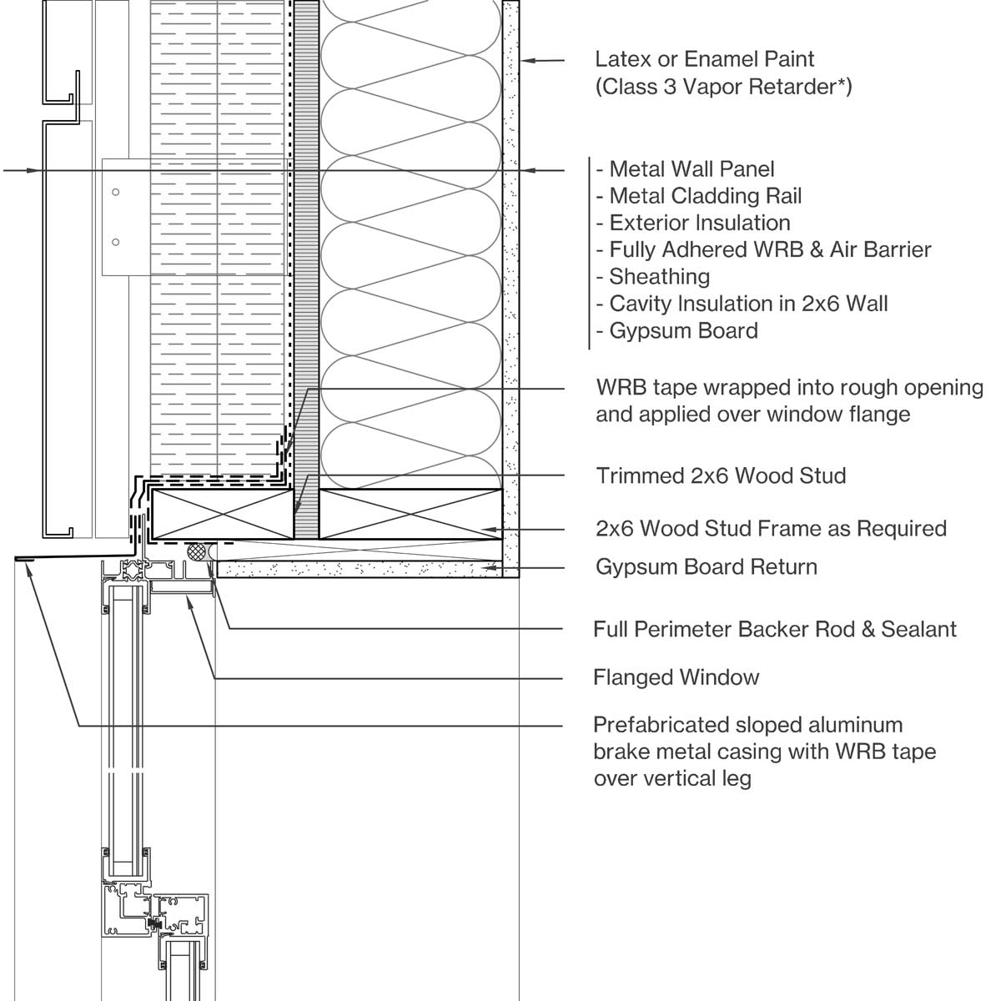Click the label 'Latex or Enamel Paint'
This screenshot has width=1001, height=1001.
click(x=704, y=59)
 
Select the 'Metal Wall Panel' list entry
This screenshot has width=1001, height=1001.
click(x=692, y=169)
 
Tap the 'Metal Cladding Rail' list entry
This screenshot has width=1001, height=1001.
click(x=706, y=196)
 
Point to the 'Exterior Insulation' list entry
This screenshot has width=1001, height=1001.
click(x=700, y=224)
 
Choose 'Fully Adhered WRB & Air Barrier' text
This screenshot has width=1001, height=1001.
click(x=771, y=250)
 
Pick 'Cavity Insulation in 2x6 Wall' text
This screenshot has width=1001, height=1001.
click(x=748, y=304)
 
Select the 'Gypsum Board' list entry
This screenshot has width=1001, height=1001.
click(x=684, y=331)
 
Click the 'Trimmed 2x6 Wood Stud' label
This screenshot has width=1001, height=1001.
click(x=721, y=475)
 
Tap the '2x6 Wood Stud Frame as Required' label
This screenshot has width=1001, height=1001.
click(x=772, y=529)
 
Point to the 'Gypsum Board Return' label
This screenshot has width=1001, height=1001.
click(x=707, y=567)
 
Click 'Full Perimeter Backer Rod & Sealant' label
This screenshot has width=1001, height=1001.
click(x=775, y=630)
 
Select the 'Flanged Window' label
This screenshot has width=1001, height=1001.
click(x=677, y=677)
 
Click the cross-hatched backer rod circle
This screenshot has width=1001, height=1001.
click(x=196, y=551)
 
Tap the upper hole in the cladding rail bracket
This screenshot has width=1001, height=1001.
click(x=116, y=192)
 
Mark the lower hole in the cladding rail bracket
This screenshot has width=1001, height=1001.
click(x=116, y=242)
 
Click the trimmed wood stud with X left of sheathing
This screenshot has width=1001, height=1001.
click(x=223, y=515)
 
